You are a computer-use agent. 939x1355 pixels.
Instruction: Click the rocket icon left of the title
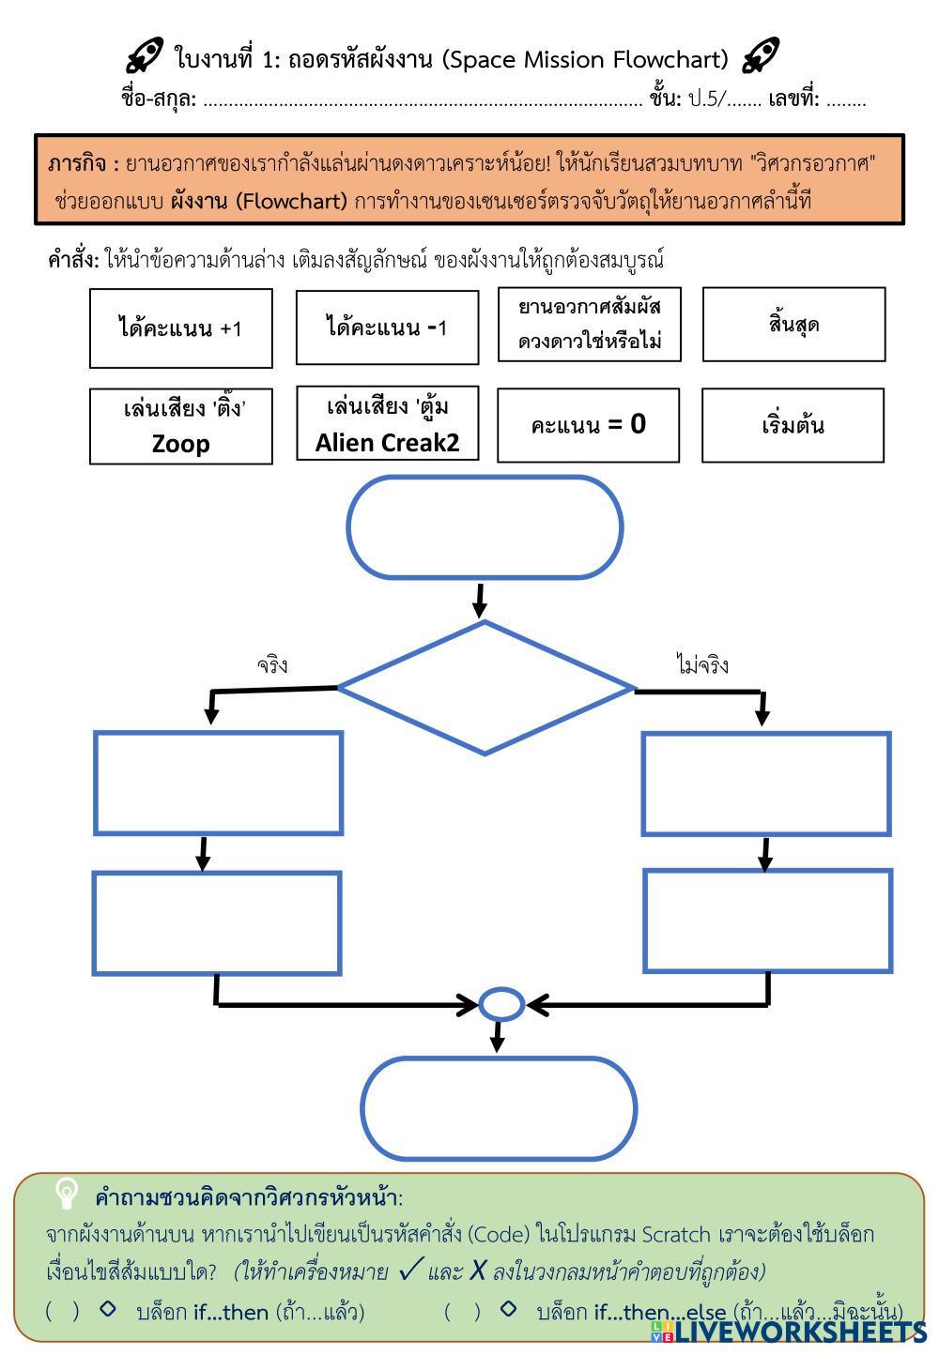(x=146, y=57)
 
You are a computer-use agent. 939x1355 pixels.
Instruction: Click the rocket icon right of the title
(x=760, y=57)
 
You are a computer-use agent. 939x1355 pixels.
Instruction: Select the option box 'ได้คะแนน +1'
(x=181, y=328)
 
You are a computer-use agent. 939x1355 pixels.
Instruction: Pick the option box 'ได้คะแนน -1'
(x=387, y=327)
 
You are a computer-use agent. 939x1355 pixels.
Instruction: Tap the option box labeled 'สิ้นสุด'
(x=793, y=325)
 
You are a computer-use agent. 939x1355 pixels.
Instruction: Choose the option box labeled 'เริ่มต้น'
(x=793, y=425)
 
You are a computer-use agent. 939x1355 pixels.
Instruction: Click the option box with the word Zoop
(x=181, y=427)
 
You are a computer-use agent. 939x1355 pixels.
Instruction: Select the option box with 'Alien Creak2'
(x=387, y=423)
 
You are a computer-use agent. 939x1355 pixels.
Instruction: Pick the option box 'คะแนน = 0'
(x=588, y=425)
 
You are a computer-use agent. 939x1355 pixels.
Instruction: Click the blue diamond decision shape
(x=485, y=688)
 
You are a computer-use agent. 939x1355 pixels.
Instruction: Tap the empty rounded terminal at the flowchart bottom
(x=499, y=1108)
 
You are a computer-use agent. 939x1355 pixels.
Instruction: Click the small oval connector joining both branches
(x=501, y=1004)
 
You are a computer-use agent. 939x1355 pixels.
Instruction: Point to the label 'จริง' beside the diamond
(x=272, y=665)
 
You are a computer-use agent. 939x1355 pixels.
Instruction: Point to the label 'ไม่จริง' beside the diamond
(x=702, y=665)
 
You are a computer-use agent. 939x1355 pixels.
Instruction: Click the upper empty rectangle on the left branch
(x=218, y=784)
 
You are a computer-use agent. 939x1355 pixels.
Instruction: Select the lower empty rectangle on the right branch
(x=767, y=921)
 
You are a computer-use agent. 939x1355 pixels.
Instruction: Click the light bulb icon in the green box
(x=67, y=1194)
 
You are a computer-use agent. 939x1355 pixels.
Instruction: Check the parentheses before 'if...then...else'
(x=459, y=1311)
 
